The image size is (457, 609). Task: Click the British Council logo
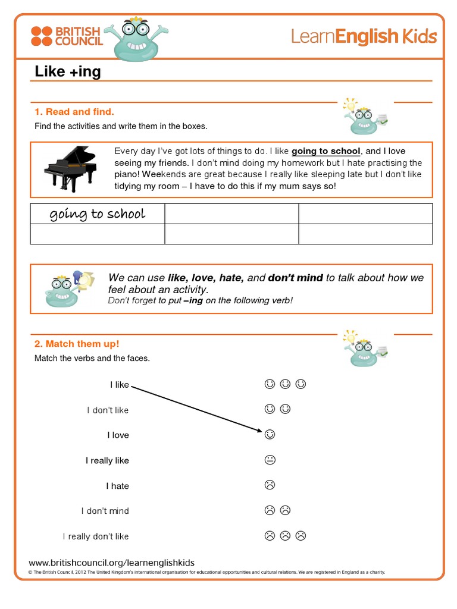tap(66, 36)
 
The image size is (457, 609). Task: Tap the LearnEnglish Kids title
tap(364, 37)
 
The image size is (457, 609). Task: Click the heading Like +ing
tap(68, 72)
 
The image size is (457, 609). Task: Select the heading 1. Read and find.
tap(74, 112)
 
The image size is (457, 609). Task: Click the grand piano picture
tap(70, 168)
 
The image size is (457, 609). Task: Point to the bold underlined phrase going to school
tap(325, 152)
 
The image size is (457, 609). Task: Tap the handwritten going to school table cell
tap(97, 214)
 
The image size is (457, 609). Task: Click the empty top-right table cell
tap(365, 214)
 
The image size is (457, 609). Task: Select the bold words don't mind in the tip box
tap(295, 278)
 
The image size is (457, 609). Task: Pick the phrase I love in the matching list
tap(118, 435)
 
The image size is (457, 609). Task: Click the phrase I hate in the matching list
tap(117, 486)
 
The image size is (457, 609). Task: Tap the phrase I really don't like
tap(96, 536)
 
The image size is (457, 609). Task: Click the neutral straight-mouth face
tap(270, 460)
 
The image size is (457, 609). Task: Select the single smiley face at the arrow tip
tap(270, 435)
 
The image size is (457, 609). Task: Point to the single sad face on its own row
tap(270, 485)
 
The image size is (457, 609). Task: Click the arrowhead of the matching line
tap(259, 431)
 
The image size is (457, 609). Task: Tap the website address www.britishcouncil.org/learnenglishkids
tap(111, 563)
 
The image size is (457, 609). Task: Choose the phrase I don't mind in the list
tap(105, 511)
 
